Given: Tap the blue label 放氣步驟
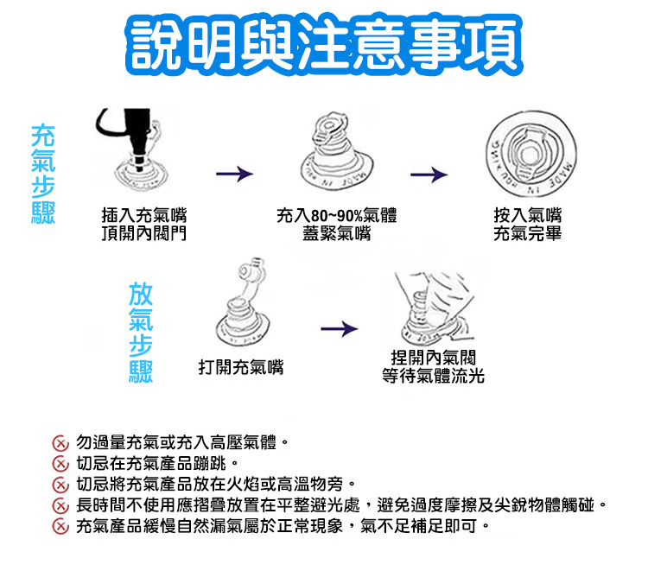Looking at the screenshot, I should (x=141, y=332).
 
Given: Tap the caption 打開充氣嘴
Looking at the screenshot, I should (x=240, y=367).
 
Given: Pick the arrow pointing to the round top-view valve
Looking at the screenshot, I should (x=429, y=175).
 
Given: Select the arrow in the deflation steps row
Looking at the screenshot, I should (x=338, y=328).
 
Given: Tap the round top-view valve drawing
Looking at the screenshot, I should (x=529, y=155).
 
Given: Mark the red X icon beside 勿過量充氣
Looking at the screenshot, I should (x=60, y=443).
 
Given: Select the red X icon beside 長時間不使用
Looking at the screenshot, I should (x=60, y=505).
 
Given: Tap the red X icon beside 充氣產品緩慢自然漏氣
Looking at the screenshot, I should (x=60, y=526).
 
